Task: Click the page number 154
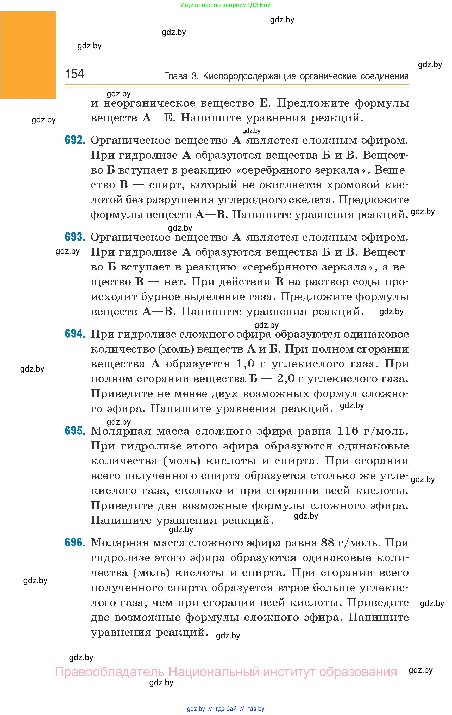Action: [74, 74]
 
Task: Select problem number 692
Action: [75, 140]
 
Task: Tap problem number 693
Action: [75, 237]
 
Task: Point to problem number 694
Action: [75, 334]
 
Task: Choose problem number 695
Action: [75, 431]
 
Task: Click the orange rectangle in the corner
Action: [28, 55]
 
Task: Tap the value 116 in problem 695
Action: [348, 431]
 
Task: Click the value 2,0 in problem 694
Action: [286, 379]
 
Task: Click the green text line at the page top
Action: [225, 5]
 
